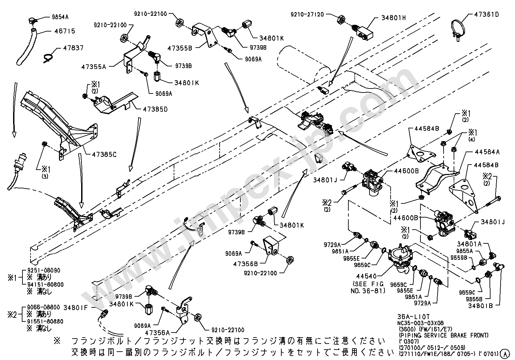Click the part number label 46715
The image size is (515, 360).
click(x=65, y=31)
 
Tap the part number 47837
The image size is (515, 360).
click(x=73, y=48)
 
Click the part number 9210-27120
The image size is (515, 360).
click(x=307, y=14)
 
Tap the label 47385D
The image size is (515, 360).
click(x=151, y=109)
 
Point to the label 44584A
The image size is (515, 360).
click(x=487, y=152)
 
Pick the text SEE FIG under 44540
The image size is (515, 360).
click(x=368, y=284)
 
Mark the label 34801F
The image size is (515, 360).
click(x=76, y=307)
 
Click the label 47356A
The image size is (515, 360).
click(x=158, y=332)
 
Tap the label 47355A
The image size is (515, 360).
click(x=93, y=67)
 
